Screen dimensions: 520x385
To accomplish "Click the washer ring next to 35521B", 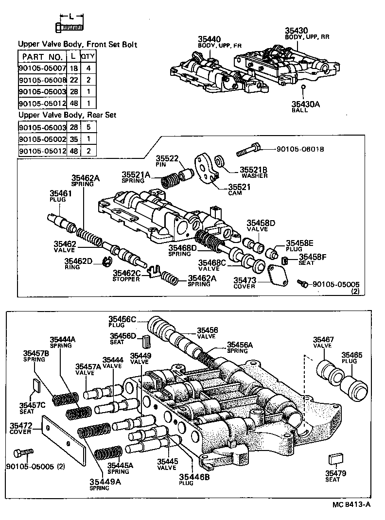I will pyautogui.click(x=219, y=160).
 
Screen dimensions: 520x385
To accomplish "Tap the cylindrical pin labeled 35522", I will pyautogui.click(x=185, y=174).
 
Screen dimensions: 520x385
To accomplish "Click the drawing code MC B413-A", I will pyautogui.click(x=351, y=504).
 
